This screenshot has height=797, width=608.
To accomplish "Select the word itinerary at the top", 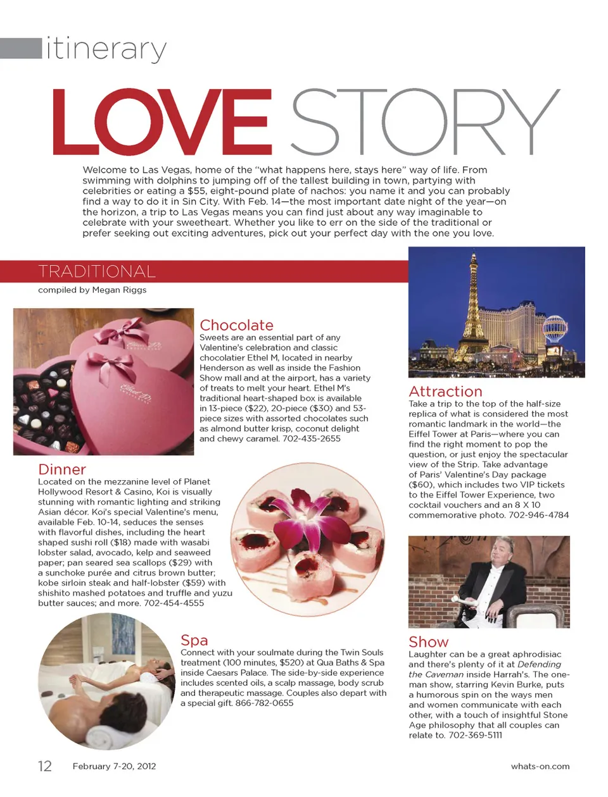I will pos(106,49).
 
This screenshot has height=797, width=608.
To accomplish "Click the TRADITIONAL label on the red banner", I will pos(97,271).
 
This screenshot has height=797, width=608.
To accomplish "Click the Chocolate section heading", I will pos(236,325).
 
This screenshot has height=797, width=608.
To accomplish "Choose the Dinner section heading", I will pos(62,469).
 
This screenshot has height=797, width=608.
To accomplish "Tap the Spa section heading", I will pos(194,640).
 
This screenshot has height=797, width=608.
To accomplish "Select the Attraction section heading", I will pos(445,392).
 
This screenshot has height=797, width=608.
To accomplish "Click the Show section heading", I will pos(428,642).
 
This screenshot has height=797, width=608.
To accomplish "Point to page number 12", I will pos(45,766).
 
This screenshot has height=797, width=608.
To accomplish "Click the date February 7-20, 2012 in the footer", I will pos(114,766).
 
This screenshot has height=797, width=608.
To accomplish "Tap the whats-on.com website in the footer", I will pos(540,766).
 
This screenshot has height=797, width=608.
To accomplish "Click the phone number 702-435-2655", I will pos(312,438).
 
